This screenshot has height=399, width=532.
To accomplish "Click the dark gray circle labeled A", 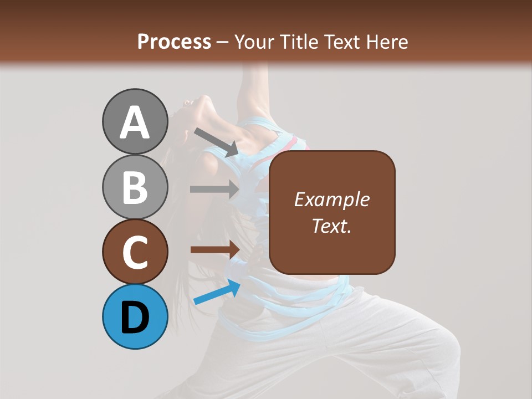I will pos(135,121).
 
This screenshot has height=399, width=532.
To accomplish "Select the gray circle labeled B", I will pos(135,187).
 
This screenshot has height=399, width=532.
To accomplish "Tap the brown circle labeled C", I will pos(135,252).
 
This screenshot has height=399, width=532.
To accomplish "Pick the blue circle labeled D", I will pos(135,316).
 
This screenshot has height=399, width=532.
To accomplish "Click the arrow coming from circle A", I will pos(216,142).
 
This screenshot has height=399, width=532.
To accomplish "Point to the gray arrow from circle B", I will pos(214,189).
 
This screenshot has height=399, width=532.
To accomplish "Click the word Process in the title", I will pos(174,42).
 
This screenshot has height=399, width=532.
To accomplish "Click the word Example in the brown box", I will pos(331,199).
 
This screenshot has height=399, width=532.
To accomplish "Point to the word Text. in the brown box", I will pos(331,226).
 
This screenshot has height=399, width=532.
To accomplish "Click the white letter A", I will pos(135,122).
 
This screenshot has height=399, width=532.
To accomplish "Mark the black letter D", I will pos(135,318).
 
